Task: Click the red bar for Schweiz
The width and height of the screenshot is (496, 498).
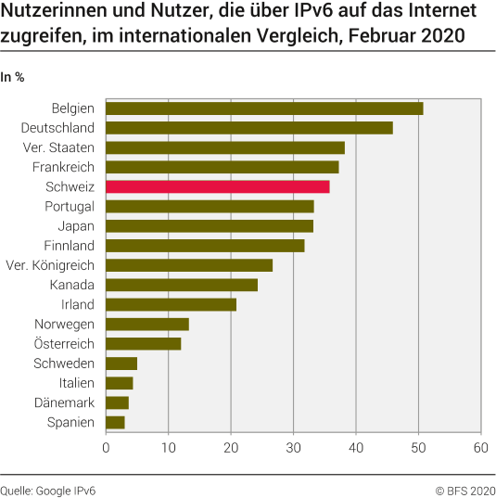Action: tap(218, 186)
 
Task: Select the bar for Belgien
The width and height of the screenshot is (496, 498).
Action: tap(264, 108)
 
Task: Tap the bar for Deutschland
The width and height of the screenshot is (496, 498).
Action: tap(249, 127)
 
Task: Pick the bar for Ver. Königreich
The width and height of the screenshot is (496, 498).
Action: tap(189, 265)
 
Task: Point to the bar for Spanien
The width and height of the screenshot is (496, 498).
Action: tap(115, 422)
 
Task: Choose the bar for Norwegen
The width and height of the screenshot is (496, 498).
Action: tap(147, 324)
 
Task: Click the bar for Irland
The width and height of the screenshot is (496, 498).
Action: tap(172, 304)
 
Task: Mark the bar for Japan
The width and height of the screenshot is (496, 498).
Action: tap(210, 225)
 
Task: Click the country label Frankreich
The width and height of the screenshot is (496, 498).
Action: tap(63, 167)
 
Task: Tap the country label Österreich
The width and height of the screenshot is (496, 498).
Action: tap(64, 344)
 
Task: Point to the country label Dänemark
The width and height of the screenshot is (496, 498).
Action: tap(64, 402)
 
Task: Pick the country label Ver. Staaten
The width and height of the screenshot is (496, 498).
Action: tap(58, 147)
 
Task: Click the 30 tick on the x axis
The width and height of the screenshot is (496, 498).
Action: tap(293, 448)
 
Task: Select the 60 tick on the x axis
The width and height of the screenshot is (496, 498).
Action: tap(480, 448)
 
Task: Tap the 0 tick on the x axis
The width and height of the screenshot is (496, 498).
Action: tap(107, 448)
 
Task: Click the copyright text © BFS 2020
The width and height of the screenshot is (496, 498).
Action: tap(465, 488)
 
